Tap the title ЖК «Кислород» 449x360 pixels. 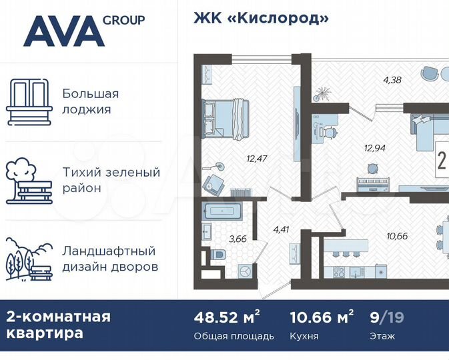tap(261, 18)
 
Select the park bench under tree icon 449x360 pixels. tap(29, 179)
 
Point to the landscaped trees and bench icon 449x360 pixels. tap(29, 258)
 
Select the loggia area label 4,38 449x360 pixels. tap(392, 81)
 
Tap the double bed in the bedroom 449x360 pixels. tap(225, 117)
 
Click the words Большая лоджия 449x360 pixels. tap(90, 101)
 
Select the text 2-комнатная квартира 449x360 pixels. tap(58, 324)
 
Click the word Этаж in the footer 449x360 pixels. tap(382, 336)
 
